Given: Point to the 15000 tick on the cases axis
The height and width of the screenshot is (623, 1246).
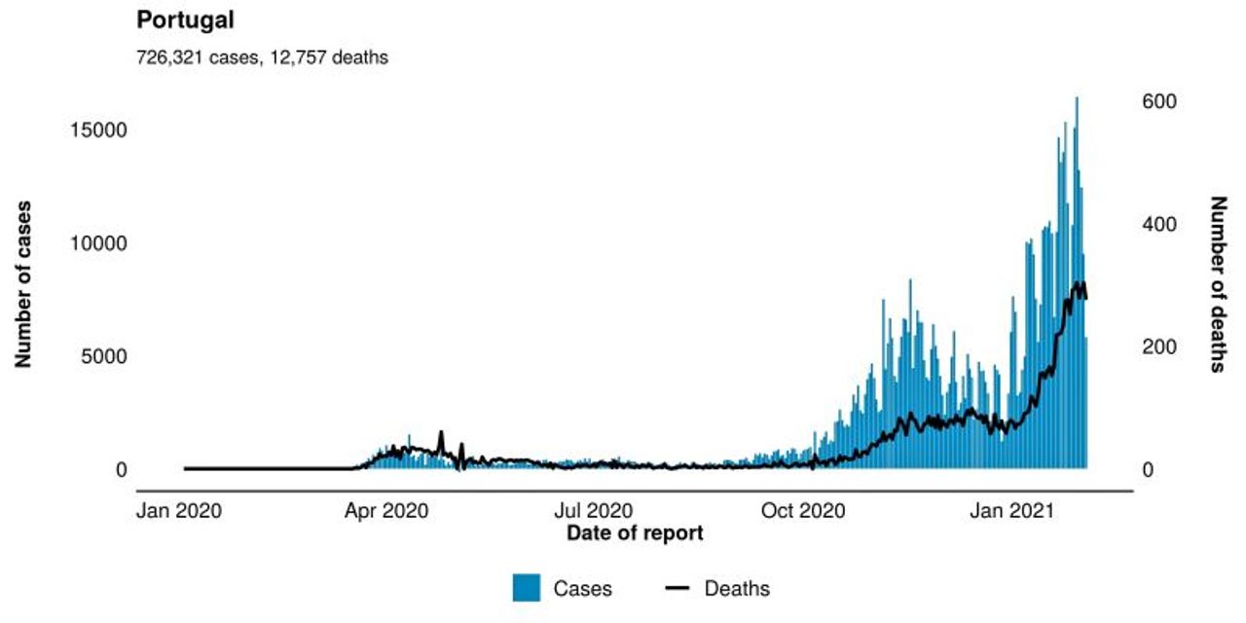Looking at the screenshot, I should [100, 130].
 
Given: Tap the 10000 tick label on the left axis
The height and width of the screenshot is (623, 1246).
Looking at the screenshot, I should [100, 243].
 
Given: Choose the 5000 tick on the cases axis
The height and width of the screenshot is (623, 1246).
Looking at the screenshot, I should [105, 356].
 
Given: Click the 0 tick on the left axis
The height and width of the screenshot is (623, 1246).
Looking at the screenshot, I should [121, 470].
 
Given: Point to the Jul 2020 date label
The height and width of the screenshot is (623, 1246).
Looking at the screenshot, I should [594, 509].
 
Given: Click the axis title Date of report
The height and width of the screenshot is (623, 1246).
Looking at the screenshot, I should [634, 532].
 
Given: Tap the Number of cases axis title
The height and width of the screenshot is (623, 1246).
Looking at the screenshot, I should [23, 284].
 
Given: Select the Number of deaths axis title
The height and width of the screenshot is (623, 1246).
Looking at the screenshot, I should [1218, 284].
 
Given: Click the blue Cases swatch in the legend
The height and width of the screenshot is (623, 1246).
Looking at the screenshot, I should [527, 588].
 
